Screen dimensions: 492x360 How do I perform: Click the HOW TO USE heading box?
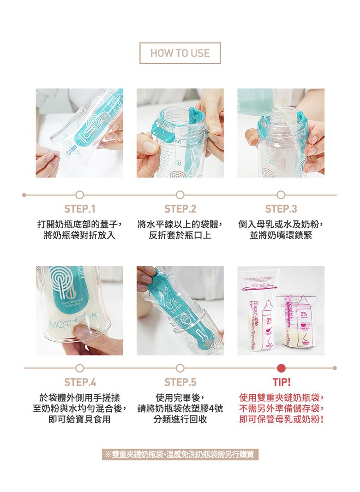tap(180, 53)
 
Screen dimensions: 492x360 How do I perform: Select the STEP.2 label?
tap(180, 209)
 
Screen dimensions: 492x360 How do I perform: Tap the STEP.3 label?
tap(281, 209)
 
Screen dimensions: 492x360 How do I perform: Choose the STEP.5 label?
tap(180, 382)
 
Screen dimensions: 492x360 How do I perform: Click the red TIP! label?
tap(281, 382)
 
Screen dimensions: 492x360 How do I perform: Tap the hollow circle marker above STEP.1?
tap(80, 195)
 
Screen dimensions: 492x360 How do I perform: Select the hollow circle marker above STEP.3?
tap(281, 195)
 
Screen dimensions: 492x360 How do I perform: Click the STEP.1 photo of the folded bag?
tap(79, 133)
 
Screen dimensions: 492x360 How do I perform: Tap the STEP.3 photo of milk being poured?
tap(281, 133)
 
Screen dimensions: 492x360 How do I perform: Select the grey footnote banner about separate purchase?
tap(180, 455)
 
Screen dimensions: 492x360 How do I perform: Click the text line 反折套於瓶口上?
tap(180, 236)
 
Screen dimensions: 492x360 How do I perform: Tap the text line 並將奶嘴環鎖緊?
tap(281, 236)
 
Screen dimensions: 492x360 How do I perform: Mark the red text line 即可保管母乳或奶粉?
tap(281, 420)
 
